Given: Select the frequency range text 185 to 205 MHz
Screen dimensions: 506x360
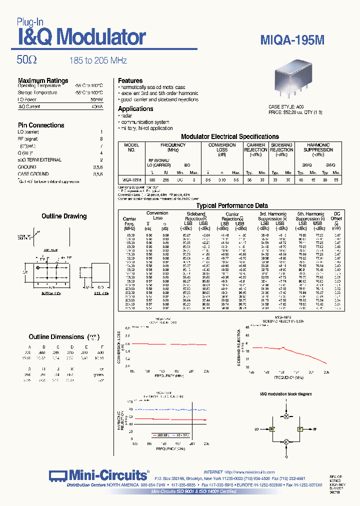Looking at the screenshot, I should [98, 60].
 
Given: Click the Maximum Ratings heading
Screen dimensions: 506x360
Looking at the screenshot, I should [43, 80].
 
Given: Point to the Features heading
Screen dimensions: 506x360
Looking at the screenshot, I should [130, 80].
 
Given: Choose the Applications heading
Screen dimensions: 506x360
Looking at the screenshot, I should [135, 108].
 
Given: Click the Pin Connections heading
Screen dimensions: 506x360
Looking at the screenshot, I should [41, 125].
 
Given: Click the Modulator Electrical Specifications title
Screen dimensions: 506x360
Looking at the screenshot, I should [229, 136].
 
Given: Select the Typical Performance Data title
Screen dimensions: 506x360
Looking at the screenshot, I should [232, 205].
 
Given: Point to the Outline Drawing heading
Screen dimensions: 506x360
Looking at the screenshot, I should [64, 216].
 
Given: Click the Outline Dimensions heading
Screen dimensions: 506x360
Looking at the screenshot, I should [56, 336].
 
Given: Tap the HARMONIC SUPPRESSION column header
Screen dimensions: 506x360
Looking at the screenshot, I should [318, 147].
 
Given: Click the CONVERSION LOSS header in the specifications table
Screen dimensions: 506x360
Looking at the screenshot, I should [222, 147].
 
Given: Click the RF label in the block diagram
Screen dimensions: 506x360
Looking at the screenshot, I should [314, 429].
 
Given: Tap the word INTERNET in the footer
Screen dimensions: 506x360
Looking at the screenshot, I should [213, 472].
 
